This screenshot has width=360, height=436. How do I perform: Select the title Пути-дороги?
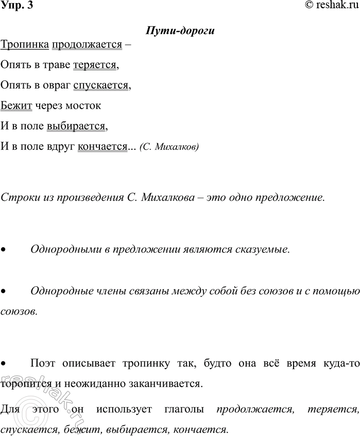coord(180,30)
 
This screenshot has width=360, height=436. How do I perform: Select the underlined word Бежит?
coord(16,106)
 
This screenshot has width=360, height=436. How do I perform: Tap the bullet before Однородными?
coord(4,250)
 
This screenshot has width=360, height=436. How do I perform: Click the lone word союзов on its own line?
coord(19,311)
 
